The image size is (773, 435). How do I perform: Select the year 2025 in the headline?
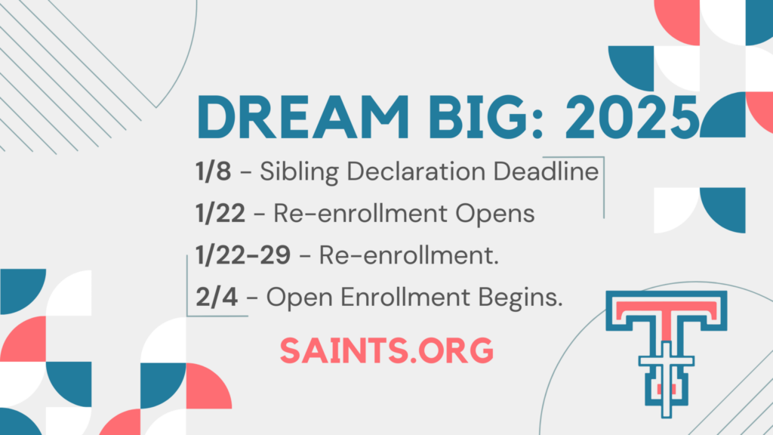(633, 117)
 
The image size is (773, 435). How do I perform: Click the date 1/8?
(213, 171)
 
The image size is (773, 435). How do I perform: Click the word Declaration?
(416, 171)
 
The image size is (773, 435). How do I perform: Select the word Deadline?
(547, 171)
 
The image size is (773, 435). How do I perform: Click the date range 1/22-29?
(243, 255)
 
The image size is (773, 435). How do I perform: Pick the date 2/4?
(217, 297)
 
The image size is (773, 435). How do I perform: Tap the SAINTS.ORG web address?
(386, 350)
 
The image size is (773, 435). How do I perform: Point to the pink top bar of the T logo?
(666, 309)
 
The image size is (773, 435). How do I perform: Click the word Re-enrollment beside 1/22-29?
(408, 255)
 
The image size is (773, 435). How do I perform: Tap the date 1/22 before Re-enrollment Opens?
(220, 213)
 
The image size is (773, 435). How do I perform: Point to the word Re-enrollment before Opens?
(360, 213)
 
